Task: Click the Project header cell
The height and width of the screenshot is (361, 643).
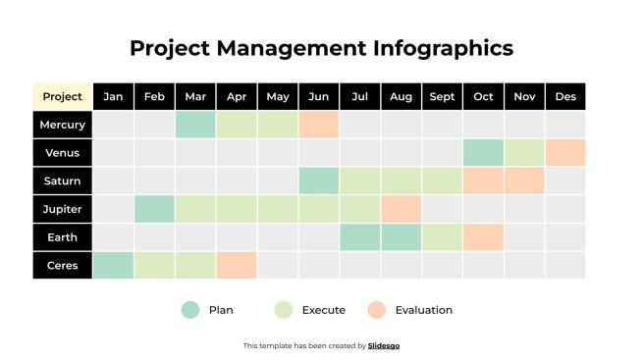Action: coord(63,96)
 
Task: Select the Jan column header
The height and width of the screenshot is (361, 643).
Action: coord(113,96)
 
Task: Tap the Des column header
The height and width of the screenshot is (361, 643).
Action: coord(565,96)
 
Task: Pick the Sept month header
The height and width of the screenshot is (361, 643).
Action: coord(442,96)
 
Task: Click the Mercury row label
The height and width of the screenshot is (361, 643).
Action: coord(63,125)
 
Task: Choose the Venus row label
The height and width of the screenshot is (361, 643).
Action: coord(63,153)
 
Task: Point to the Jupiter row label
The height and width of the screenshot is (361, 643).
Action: coord(63,209)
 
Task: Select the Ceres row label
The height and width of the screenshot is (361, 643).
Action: coord(63,265)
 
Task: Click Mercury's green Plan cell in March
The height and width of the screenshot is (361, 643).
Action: coord(195,125)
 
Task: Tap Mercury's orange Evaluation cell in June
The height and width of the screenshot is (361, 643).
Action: coord(319,125)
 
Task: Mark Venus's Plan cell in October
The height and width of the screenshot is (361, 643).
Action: coord(483,153)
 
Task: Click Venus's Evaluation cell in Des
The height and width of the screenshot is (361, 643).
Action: coord(565,153)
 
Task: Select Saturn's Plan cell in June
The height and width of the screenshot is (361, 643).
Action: coord(319,180)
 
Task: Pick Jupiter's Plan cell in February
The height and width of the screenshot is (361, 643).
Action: coord(154,209)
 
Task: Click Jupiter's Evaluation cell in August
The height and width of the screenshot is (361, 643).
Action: coord(401,209)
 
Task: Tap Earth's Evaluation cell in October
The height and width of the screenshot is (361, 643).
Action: coord(483,236)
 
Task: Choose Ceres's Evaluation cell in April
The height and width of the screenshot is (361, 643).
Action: coord(237,265)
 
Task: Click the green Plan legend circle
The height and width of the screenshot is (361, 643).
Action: coord(190,310)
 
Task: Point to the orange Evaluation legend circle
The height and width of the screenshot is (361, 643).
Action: coord(377,310)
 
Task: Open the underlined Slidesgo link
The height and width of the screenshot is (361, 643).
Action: coord(384,345)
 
